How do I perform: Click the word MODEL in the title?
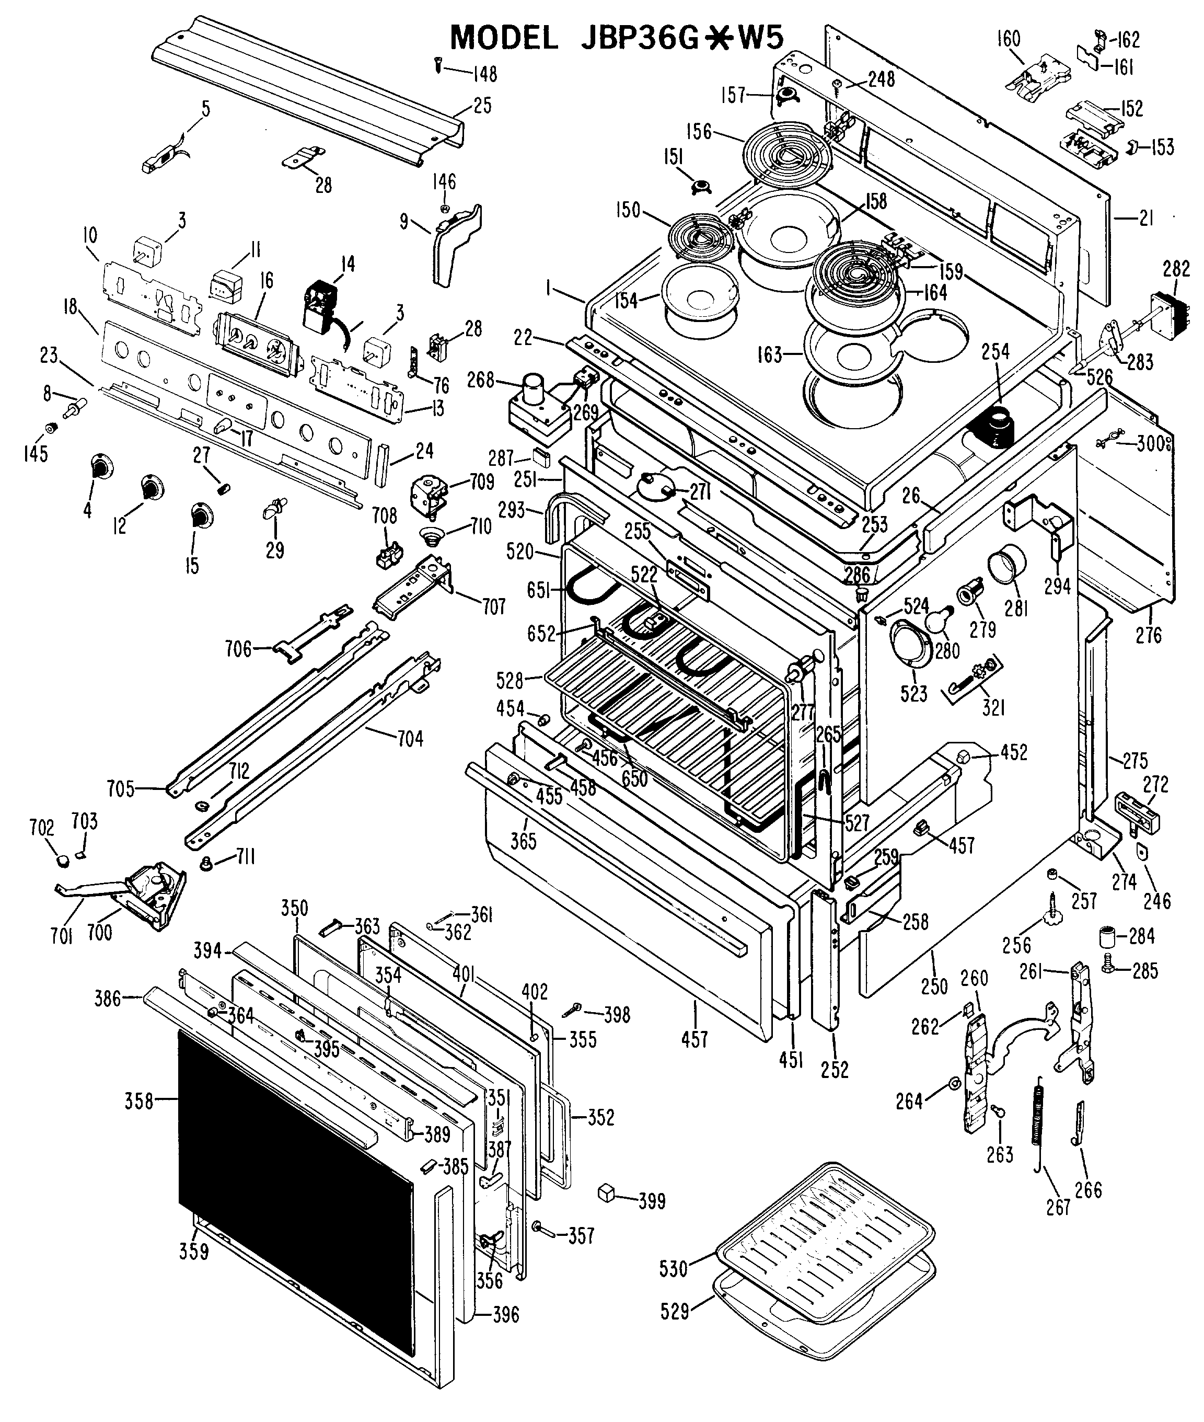[x=504, y=38]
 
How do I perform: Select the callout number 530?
[x=674, y=1269]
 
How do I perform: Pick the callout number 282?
[x=1176, y=268]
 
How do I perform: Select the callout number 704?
[x=410, y=739]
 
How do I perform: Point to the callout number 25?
[x=482, y=106]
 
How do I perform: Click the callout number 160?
[x=1008, y=38]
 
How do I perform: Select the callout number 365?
[x=524, y=841]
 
